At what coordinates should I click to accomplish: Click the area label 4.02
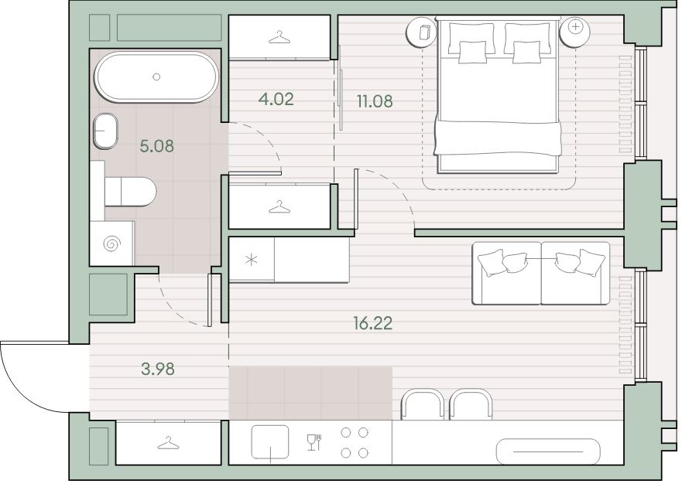pyautogui.click(x=276, y=99)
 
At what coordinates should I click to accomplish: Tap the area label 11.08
pyautogui.click(x=375, y=100)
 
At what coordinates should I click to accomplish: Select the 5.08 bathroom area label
pyautogui.click(x=156, y=146)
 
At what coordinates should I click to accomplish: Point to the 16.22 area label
pyautogui.click(x=373, y=323)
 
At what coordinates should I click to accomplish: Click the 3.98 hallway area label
pyautogui.click(x=158, y=370)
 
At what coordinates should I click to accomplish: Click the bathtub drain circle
pyautogui.click(x=156, y=77)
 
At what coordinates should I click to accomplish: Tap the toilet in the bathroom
pyautogui.click(x=130, y=191)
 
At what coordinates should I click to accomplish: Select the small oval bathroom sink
pyautogui.click(x=106, y=131)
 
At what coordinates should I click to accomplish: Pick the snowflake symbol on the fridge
pyautogui.click(x=251, y=261)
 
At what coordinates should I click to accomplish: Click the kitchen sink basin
pyautogui.click(x=270, y=442)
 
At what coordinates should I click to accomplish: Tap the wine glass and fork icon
pyautogui.click(x=314, y=442)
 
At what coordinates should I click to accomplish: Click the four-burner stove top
pyautogui.click(x=355, y=443)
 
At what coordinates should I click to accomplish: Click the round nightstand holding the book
pyautogui.click(x=421, y=31)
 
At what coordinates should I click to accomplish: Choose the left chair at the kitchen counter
pyautogui.click(x=422, y=405)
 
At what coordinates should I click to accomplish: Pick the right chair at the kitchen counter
pyautogui.click(x=471, y=405)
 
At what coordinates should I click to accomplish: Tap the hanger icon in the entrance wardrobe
pyautogui.click(x=168, y=444)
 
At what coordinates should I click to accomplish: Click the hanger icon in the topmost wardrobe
pyautogui.click(x=279, y=37)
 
